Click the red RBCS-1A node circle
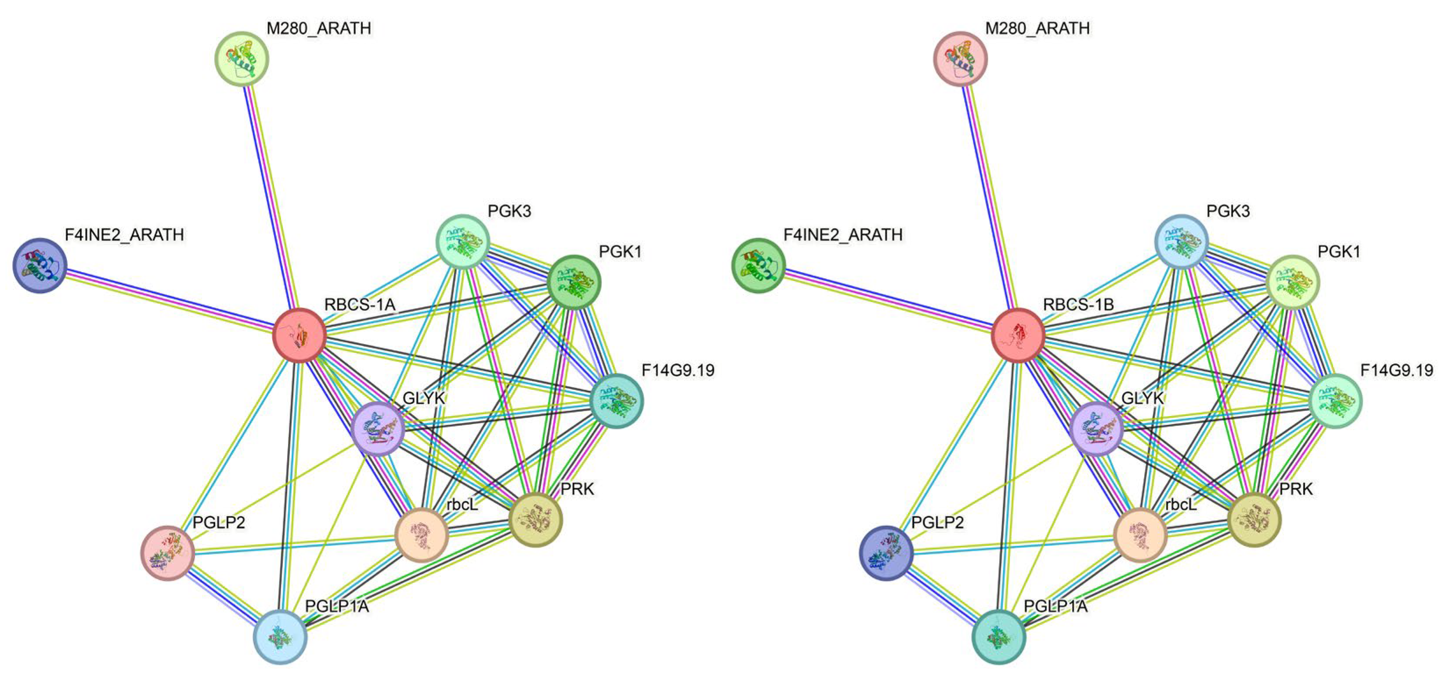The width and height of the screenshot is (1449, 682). pyautogui.click(x=299, y=336)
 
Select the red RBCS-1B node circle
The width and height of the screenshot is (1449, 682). pyautogui.click(x=1018, y=336)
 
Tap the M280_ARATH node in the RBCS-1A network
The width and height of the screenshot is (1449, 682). pyautogui.click(x=242, y=58)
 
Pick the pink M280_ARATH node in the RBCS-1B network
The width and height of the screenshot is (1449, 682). pyautogui.click(x=961, y=58)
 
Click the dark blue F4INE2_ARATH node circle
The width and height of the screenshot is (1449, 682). pyautogui.click(x=40, y=266)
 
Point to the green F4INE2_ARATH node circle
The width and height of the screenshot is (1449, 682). pyautogui.click(x=758, y=266)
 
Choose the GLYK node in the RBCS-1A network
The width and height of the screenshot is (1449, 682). pyautogui.click(x=377, y=428)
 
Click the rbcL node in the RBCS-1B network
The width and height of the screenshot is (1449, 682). pyautogui.click(x=1140, y=535)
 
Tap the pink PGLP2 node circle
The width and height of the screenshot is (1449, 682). pyautogui.click(x=168, y=553)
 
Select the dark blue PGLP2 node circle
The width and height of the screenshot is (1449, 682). pyautogui.click(x=886, y=553)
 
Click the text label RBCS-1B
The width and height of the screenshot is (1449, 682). pyautogui.click(x=1078, y=305)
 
